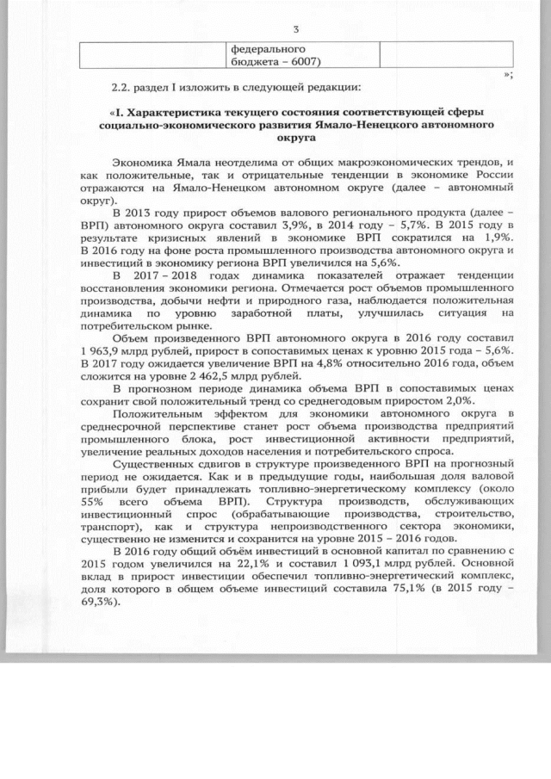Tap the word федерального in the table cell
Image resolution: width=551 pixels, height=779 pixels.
[269, 49]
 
